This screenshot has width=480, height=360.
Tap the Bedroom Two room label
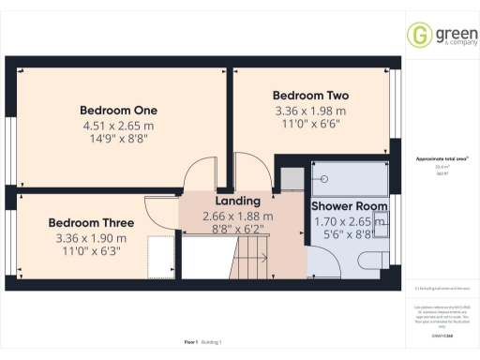click(310, 96)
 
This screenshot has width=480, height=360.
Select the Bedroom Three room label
click(91, 223)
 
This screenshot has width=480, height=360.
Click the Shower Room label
click(349, 206)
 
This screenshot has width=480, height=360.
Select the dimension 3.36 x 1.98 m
click(310, 111)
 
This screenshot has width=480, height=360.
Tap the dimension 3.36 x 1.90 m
click(91, 238)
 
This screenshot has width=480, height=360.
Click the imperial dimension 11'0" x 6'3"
click(91, 252)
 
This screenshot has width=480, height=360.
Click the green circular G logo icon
click(418, 35)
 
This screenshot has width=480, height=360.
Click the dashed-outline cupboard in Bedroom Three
click(161, 257)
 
